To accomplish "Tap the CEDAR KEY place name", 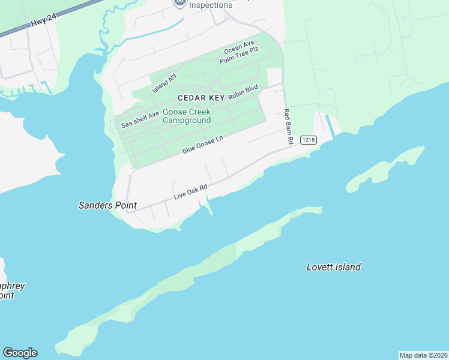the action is [200, 97].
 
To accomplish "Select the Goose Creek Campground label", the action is [187, 116].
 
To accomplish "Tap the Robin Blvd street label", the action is [243, 92].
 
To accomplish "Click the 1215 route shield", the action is [308, 140].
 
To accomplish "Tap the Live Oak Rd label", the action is [191, 192].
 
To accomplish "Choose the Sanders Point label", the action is [107, 205].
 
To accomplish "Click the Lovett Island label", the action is [333, 267].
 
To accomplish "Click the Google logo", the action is [20, 353].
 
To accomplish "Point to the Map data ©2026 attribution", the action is [423, 355].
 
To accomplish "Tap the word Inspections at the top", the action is [210, 5].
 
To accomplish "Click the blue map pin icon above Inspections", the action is [179, 2].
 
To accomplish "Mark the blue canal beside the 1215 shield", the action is [330, 125].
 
